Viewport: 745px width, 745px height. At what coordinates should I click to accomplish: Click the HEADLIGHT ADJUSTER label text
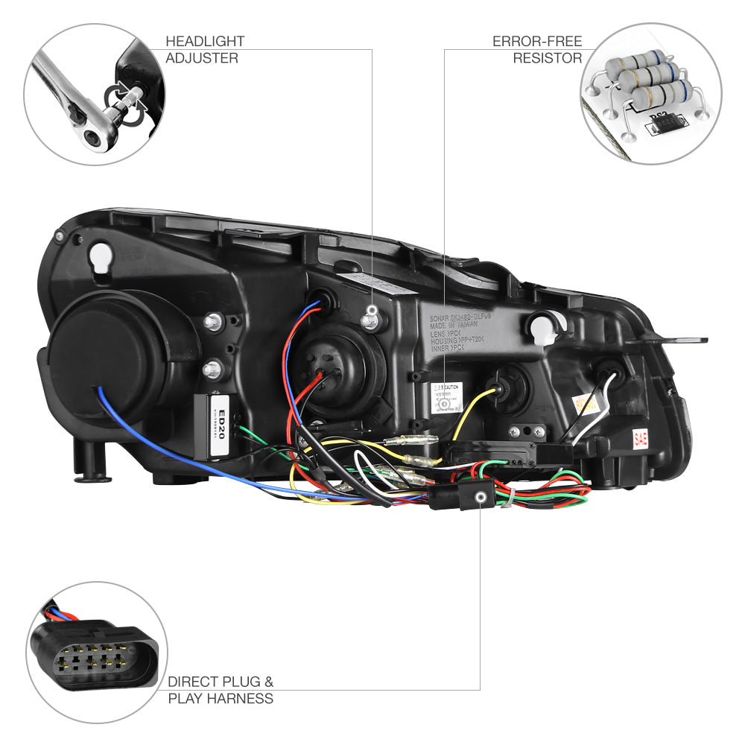pyautogui.click(x=204, y=49)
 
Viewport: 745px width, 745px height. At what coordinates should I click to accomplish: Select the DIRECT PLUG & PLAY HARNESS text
pyautogui.click(x=221, y=690)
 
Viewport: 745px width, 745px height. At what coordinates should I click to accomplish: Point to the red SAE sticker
pyautogui.click(x=640, y=438)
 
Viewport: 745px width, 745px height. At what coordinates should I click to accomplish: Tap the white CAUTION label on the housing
pyautogui.click(x=446, y=398)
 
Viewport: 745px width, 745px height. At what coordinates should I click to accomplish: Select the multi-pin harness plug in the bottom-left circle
pyautogui.click(x=95, y=653)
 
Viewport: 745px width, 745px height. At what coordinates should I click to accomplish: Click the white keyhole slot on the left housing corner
pyautogui.click(x=99, y=259)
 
